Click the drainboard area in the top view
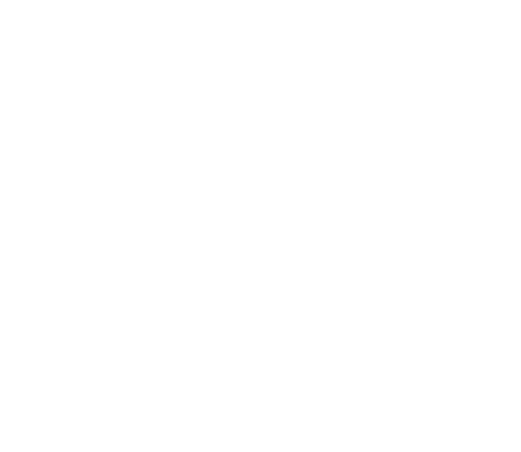(356, 177)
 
